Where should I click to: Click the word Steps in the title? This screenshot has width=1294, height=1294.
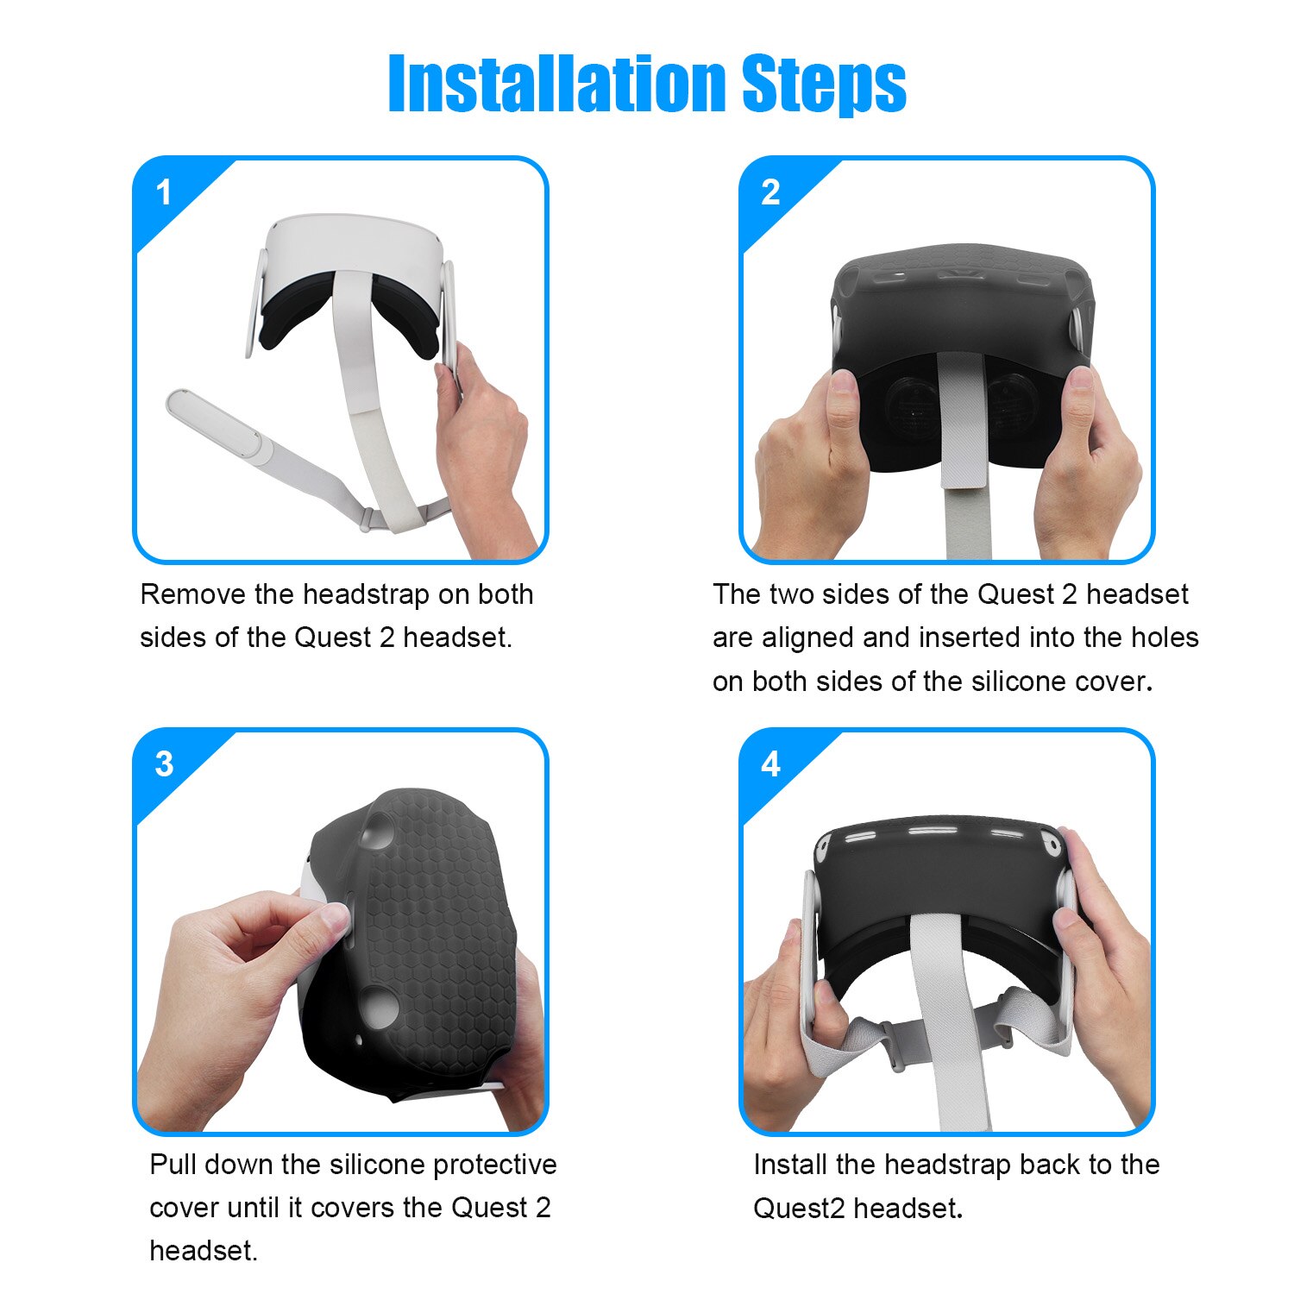coord(823,85)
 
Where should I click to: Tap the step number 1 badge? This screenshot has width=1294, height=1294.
coord(164,192)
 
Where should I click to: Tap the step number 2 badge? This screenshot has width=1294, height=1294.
coord(770,192)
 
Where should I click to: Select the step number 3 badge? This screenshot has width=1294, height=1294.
coord(164,764)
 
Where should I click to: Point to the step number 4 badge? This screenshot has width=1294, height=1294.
coord(770,764)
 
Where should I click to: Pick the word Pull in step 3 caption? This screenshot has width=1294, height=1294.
coord(173,1165)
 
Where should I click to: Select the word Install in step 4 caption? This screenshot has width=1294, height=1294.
coord(790,1165)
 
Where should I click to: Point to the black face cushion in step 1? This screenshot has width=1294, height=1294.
coord(293,311)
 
